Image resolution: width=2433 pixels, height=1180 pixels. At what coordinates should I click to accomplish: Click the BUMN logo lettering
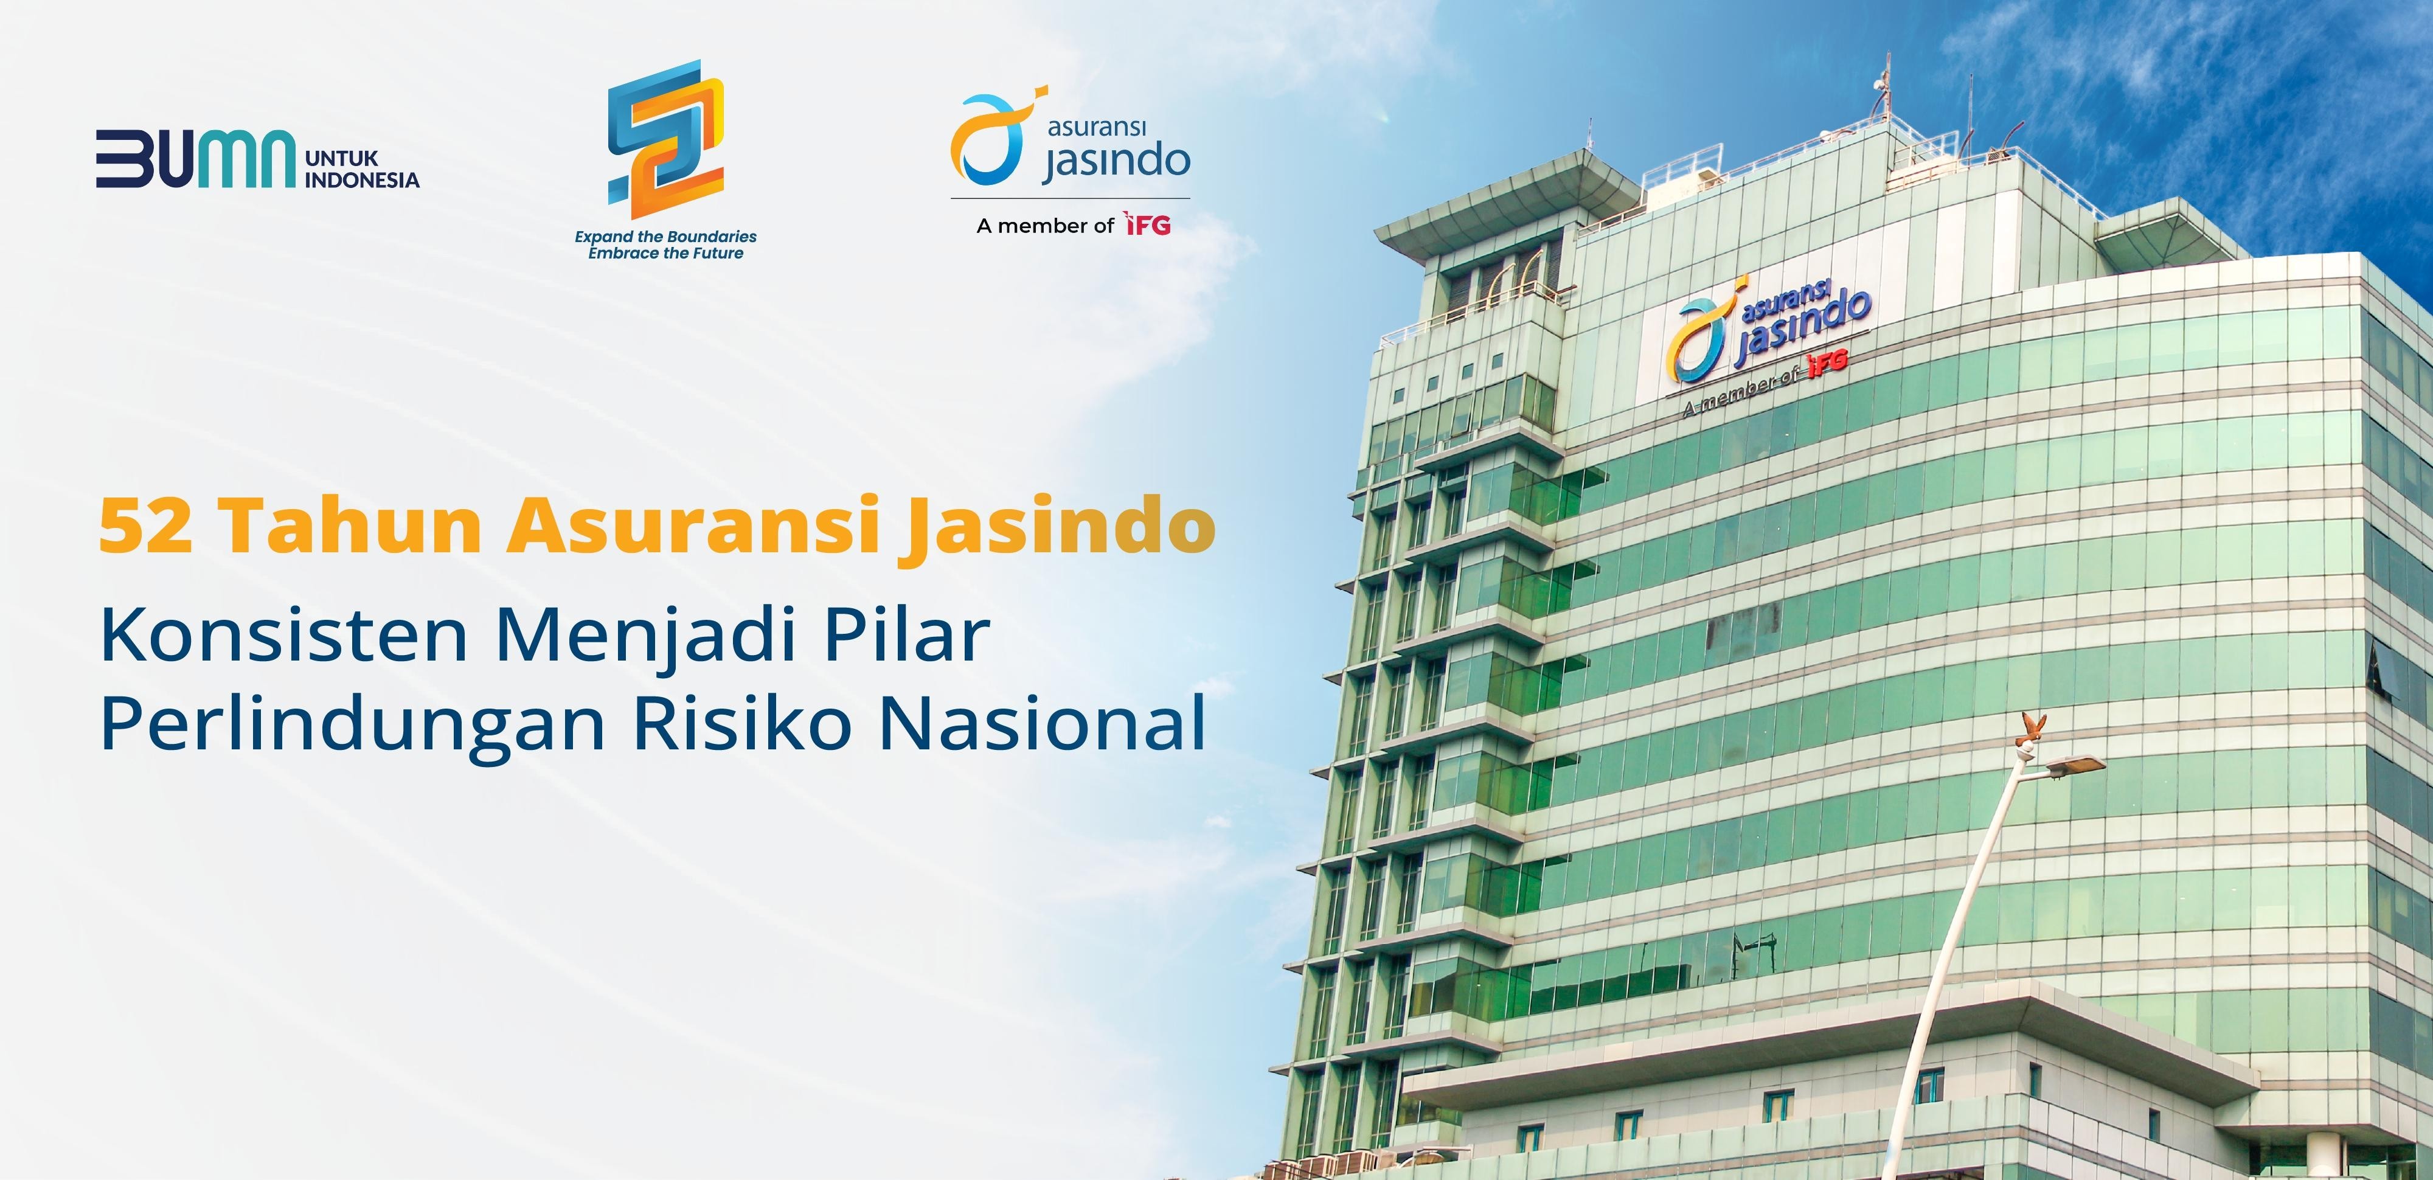[195, 158]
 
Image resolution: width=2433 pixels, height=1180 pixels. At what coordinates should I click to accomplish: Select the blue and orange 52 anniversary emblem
[666, 140]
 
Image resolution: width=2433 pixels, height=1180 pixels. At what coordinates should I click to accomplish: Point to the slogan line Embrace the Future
[666, 253]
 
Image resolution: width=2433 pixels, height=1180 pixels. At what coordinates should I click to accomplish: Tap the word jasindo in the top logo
[1116, 161]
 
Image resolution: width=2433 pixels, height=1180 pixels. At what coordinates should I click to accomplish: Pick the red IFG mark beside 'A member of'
[1148, 225]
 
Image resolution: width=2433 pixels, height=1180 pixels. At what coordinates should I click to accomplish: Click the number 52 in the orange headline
[147, 526]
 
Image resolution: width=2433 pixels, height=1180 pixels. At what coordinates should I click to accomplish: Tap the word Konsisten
[284, 635]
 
